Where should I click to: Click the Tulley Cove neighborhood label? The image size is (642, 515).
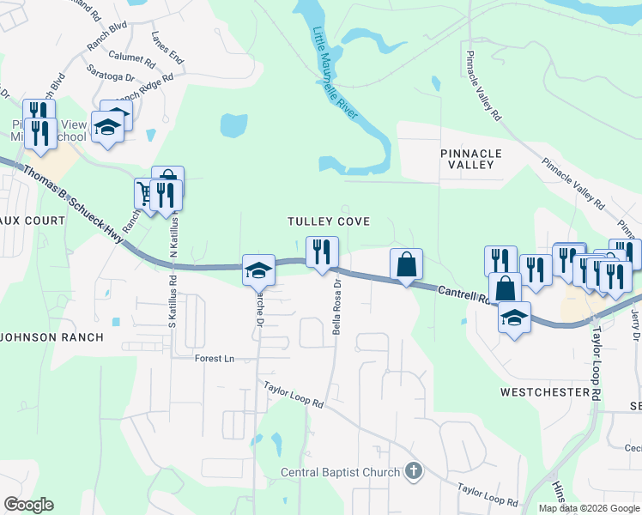click(x=329, y=221)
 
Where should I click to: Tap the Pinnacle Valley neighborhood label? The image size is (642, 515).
click(x=470, y=158)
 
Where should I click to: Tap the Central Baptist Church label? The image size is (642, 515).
click(x=341, y=472)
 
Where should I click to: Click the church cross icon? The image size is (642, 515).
click(x=414, y=470)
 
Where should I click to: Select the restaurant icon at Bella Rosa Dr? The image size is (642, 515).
click(x=322, y=252)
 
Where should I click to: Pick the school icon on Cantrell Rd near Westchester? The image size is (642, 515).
click(x=513, y=318)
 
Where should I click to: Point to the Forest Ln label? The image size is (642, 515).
click(x=215, y=359)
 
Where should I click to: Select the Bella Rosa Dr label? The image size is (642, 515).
click(x=337, y=306)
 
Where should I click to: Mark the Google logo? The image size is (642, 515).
click(x=28, y=505)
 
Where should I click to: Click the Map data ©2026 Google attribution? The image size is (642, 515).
click(x=588, y=508)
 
